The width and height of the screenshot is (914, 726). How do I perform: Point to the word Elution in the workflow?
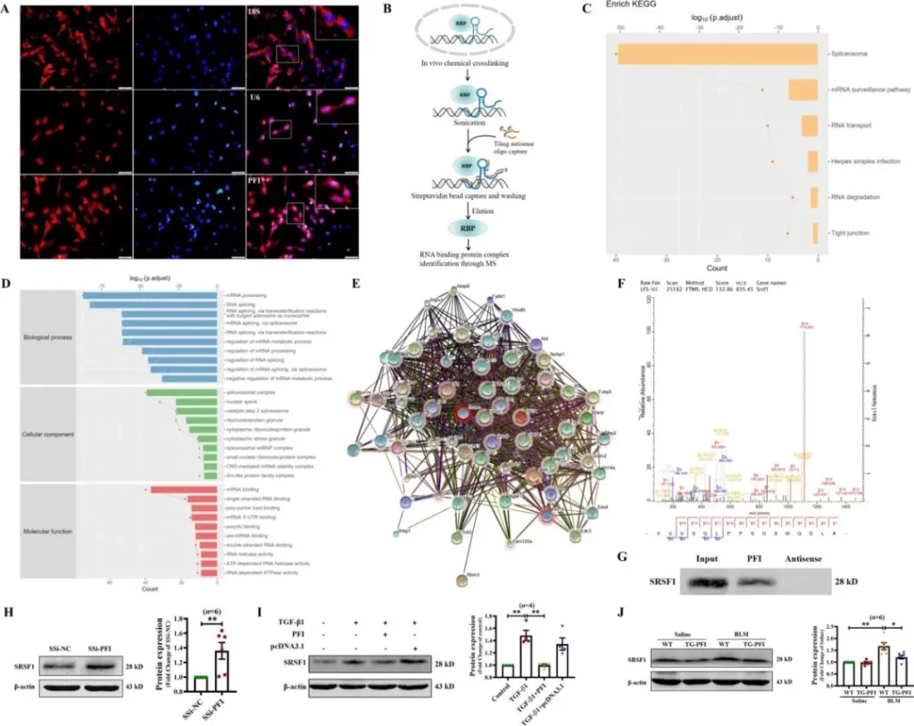tap(484, 210)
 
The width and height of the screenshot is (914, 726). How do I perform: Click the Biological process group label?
tap(49, 338)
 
